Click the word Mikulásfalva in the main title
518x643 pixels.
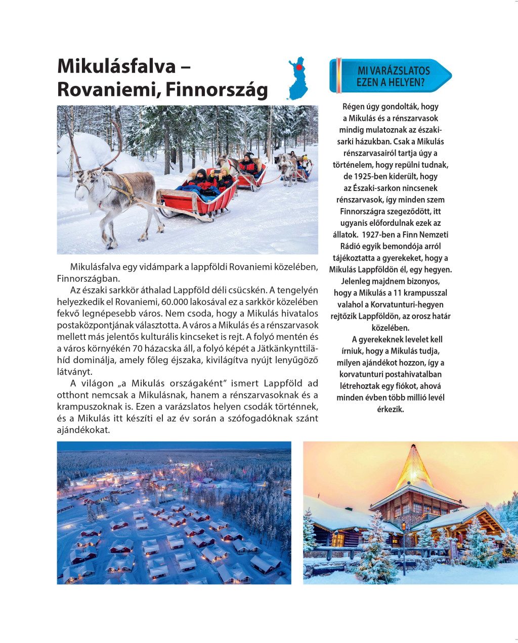(116, 67)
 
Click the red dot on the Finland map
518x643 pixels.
(299, 67)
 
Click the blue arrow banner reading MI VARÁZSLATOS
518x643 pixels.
(391, 76)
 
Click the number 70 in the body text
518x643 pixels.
(138, 349)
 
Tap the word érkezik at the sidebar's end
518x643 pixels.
(391, 409)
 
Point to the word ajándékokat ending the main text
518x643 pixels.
(83, 430)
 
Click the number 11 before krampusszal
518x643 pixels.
(397, 293)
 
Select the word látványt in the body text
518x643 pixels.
(74, 372)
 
